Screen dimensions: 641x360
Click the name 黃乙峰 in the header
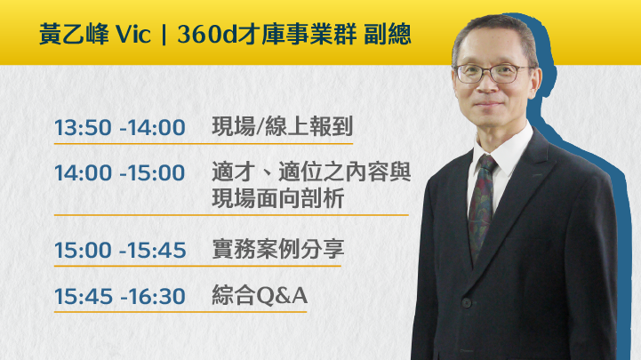pyautogui.click(x=74, y=34)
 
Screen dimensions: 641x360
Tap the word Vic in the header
pyautogui.click(x=133, y=35)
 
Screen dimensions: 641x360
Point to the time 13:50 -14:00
pyautogui.click(x=120, y=127)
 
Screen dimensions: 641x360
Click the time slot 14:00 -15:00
pyautogui.click(x=120, y=172)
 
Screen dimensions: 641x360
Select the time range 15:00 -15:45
pyautogui.click(x=120, y=250)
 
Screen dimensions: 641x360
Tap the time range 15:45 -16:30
pyautogui.click(x=120, y=296)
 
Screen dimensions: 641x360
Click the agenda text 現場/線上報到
pyautogui.click(x=282, y=126)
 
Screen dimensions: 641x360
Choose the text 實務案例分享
pyautogui.click(x=278, y=249)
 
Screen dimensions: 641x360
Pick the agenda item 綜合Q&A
pyautogui.click(x=260, y=295)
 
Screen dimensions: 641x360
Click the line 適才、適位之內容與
pyautogui.click(x=311, y=172)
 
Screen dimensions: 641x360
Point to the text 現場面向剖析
pyautogui.click(x=278, y=198)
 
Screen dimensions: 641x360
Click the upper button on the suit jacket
pyautogui.click(x=467, y=303)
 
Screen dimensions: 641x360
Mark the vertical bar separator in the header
pyautogui.click(x=164, y=35)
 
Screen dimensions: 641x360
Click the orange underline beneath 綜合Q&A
pyautogui.click(x=180, y=312)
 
